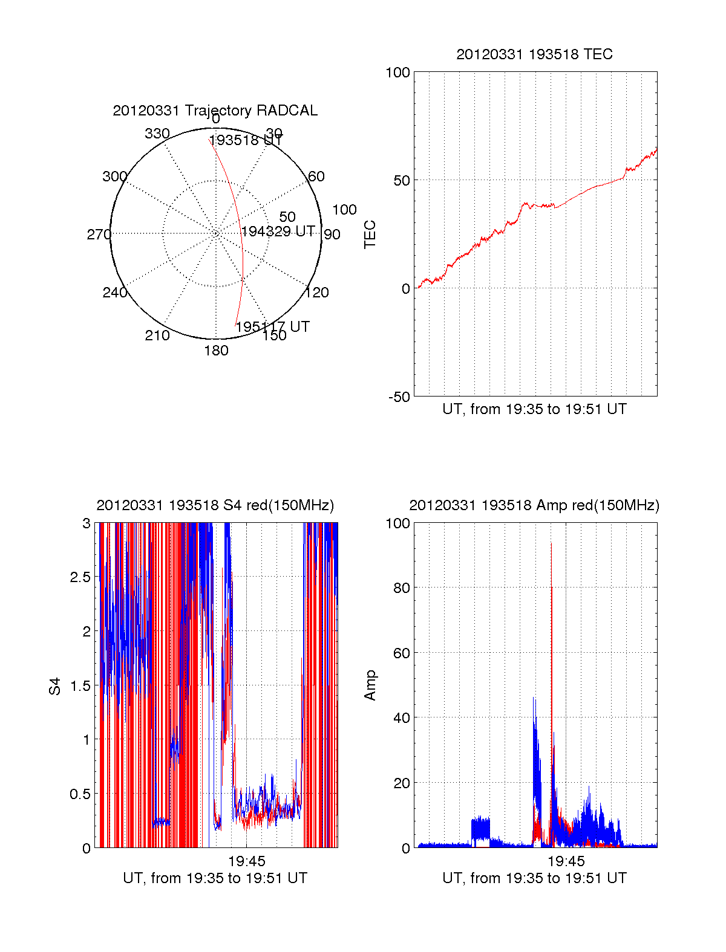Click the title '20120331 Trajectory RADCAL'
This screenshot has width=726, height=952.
click(215, 111)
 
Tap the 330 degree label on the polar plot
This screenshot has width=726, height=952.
click(157, 134)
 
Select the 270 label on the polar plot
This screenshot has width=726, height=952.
click(99, 235)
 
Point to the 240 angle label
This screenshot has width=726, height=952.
click(114, 293)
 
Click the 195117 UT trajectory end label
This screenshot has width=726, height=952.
click(272, 327)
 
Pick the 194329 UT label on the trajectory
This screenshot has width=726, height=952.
click(278, 232)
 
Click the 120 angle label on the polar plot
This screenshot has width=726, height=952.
click(317, 293)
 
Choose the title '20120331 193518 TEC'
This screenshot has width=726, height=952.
click(534, 54)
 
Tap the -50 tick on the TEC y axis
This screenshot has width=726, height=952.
click(399, 397)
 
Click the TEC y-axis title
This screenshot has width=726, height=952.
click(370, 235)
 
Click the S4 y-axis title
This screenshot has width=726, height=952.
click(55, 686)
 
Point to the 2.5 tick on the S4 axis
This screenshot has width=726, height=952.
click(80, 577)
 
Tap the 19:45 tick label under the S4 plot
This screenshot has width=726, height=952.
click(246, 861)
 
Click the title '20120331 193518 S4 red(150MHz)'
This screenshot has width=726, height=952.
click(215, 505)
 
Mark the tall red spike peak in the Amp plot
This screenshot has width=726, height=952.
click(551, 588)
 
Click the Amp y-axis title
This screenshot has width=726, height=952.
click(370, 685)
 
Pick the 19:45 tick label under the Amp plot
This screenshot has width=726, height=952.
click(566, 861)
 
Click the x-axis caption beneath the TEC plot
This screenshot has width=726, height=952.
click(534, 409)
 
